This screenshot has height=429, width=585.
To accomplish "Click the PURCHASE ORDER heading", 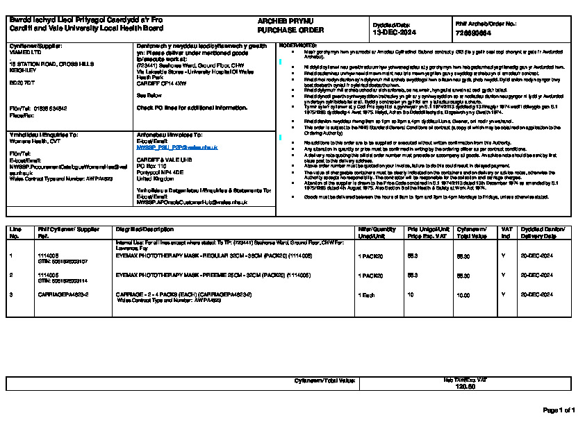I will pos(281,31).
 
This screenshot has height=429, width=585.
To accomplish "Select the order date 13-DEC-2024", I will pos(393,32).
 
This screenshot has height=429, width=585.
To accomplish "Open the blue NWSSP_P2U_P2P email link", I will pos(177,148).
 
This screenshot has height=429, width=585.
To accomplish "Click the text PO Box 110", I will pos(152,167).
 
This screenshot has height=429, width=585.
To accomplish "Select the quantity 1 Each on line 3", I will pos(366,295).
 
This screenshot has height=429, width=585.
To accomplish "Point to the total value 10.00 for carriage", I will pos(463,295).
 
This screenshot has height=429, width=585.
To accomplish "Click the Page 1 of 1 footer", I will pos(559,410).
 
